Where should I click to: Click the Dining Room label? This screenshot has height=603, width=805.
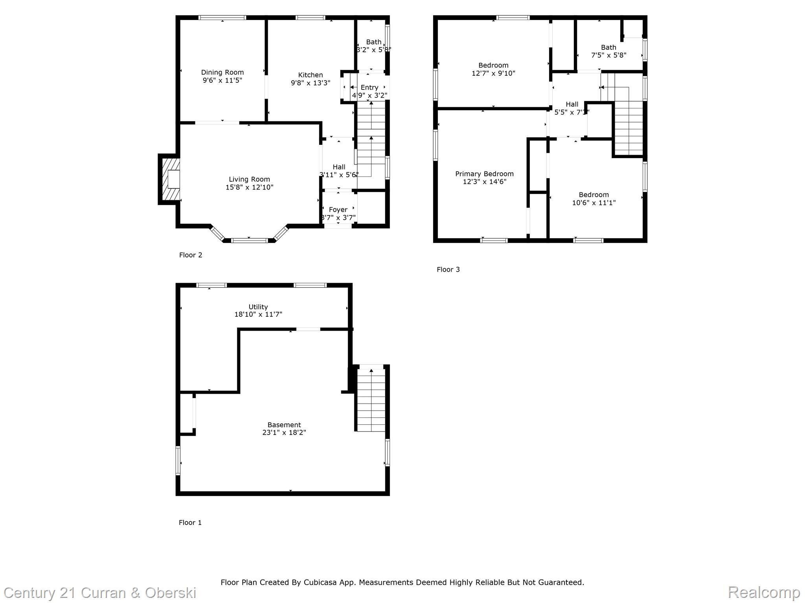(222, 72)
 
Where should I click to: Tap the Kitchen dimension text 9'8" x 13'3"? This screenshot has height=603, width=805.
(311, 83)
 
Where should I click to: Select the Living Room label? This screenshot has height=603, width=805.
(249, 179)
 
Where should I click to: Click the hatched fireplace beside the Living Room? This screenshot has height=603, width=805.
(171, 179)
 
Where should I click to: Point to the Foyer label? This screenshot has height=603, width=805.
(338, 210)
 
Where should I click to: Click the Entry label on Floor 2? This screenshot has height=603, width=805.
(369, 88)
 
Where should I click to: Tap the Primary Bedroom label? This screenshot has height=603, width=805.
(484, 174)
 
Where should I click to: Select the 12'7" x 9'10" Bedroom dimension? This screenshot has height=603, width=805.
(493, 73)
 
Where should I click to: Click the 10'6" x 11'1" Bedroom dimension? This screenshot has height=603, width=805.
(594, 203)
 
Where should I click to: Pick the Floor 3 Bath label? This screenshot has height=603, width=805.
(608, 48)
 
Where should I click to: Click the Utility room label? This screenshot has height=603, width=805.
(258, 307)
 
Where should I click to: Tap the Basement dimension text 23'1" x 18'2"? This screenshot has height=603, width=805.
(284, 433)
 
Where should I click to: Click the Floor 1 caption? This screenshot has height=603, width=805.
(190, 523)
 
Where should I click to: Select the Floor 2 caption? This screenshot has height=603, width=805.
(191, 255)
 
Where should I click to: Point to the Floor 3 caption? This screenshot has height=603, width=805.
(448, 270)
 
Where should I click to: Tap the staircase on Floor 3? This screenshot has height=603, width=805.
(628, 126)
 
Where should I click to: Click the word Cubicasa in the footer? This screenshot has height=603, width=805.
(320, 582)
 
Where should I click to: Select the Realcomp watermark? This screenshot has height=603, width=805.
(764, 592)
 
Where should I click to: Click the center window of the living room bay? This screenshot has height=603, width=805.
(249, 240)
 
